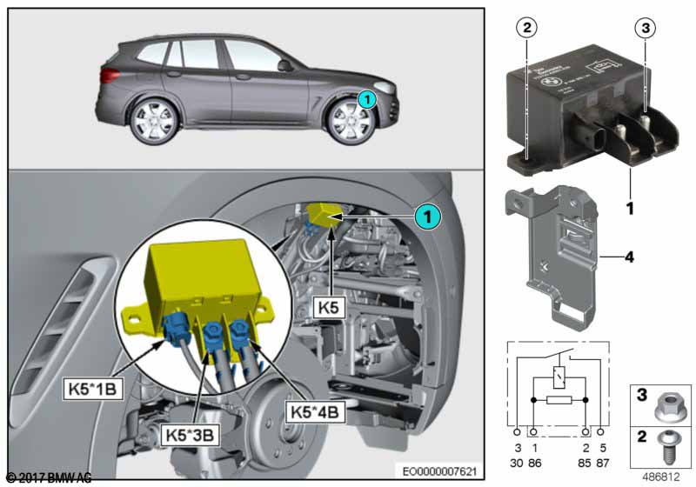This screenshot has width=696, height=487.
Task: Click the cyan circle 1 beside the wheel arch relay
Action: click(x=427, y=214)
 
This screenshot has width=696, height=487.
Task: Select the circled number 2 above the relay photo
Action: click(x=525, y=28)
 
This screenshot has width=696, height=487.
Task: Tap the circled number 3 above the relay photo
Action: click(x=643, y=28)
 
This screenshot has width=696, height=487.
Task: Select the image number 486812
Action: click(x=664, y=476)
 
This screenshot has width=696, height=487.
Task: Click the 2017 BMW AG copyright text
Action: click(x=48, y=477)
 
